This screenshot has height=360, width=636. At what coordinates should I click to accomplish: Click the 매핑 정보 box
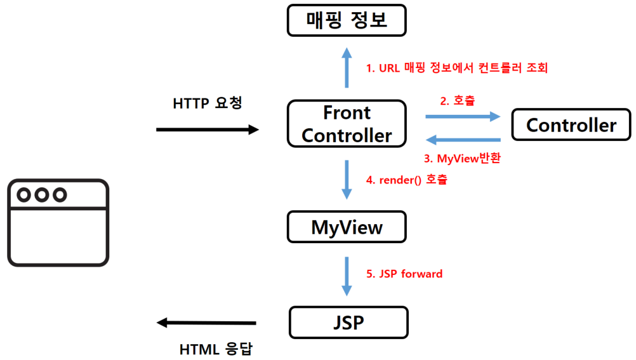tap(347, 20)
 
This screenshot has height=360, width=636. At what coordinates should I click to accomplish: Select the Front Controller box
tap(347, 124)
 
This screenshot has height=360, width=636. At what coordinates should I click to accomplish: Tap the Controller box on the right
tap(571, 124)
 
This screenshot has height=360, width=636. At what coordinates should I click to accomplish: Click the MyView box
tap(347, 227)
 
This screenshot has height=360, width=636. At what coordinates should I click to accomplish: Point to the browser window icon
tap(58, 222)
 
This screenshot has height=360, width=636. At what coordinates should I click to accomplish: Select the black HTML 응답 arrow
tap(207, 323)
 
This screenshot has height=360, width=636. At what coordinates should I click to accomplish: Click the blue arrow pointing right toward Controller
tap(463, 116)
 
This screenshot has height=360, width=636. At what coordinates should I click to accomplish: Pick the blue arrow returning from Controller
tap(463, 140)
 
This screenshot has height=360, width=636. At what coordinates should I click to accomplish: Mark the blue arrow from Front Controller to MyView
tap(347, 179)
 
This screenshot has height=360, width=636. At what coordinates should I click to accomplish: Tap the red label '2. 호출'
tap(457, 101)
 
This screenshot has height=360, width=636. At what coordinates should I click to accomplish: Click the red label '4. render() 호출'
tap(406, 180)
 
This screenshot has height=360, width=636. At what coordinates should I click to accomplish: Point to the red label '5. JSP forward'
tap(404, 274)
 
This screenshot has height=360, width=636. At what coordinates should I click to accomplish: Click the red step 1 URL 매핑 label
tap(456, 68)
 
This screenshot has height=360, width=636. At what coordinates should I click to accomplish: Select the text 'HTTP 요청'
tap(208, 103)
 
